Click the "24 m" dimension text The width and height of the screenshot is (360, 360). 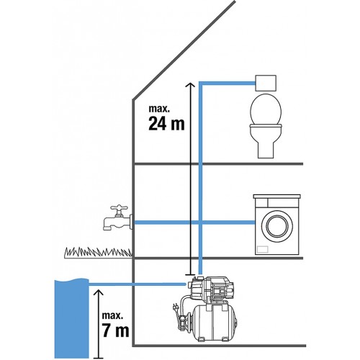[166, 124]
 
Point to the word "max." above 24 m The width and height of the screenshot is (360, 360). [159, 109]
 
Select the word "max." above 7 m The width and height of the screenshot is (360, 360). [112, 315]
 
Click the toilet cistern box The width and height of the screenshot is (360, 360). [266, 83]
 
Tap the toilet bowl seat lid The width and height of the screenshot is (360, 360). [266, 109]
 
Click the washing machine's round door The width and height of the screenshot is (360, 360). [277, 225]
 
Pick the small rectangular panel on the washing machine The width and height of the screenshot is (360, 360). [262, 249]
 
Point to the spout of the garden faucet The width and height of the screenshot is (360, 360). [107, 224]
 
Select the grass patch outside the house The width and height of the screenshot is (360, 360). [98, 253]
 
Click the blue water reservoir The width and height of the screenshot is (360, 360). [72, 318]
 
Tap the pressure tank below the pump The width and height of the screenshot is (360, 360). [215, 323]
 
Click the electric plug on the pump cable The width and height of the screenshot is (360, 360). [175, 307]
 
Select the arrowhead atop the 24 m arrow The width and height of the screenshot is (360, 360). [190, 85]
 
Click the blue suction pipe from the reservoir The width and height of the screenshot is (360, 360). [138, 284]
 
